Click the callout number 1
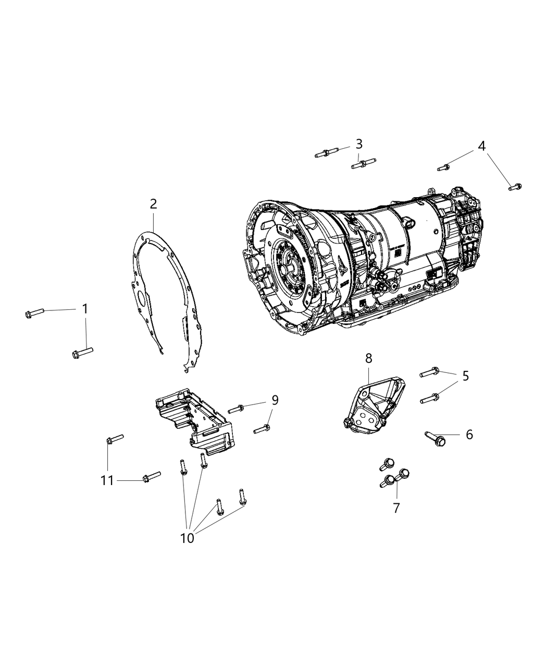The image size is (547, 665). (x=85, y=309)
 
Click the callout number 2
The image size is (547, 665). (x=153, y=204)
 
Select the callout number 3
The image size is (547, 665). (x=359, y=144)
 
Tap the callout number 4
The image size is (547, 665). (x=482, y=146)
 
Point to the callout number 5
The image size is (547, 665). (x=465, y=376)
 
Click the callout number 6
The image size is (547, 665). (x=469, y=434)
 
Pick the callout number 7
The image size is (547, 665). (x=396, y=507)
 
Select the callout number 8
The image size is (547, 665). (x=369, y=358)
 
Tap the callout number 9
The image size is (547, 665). (x=275, y=400)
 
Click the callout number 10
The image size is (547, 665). (x=187, y=538)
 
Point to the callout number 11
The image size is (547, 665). (x=107, y=480)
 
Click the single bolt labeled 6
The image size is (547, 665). (x=436, y=438)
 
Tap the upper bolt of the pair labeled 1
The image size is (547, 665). (x=34, y=313)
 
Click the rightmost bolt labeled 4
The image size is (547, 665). (x=515, y=187)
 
